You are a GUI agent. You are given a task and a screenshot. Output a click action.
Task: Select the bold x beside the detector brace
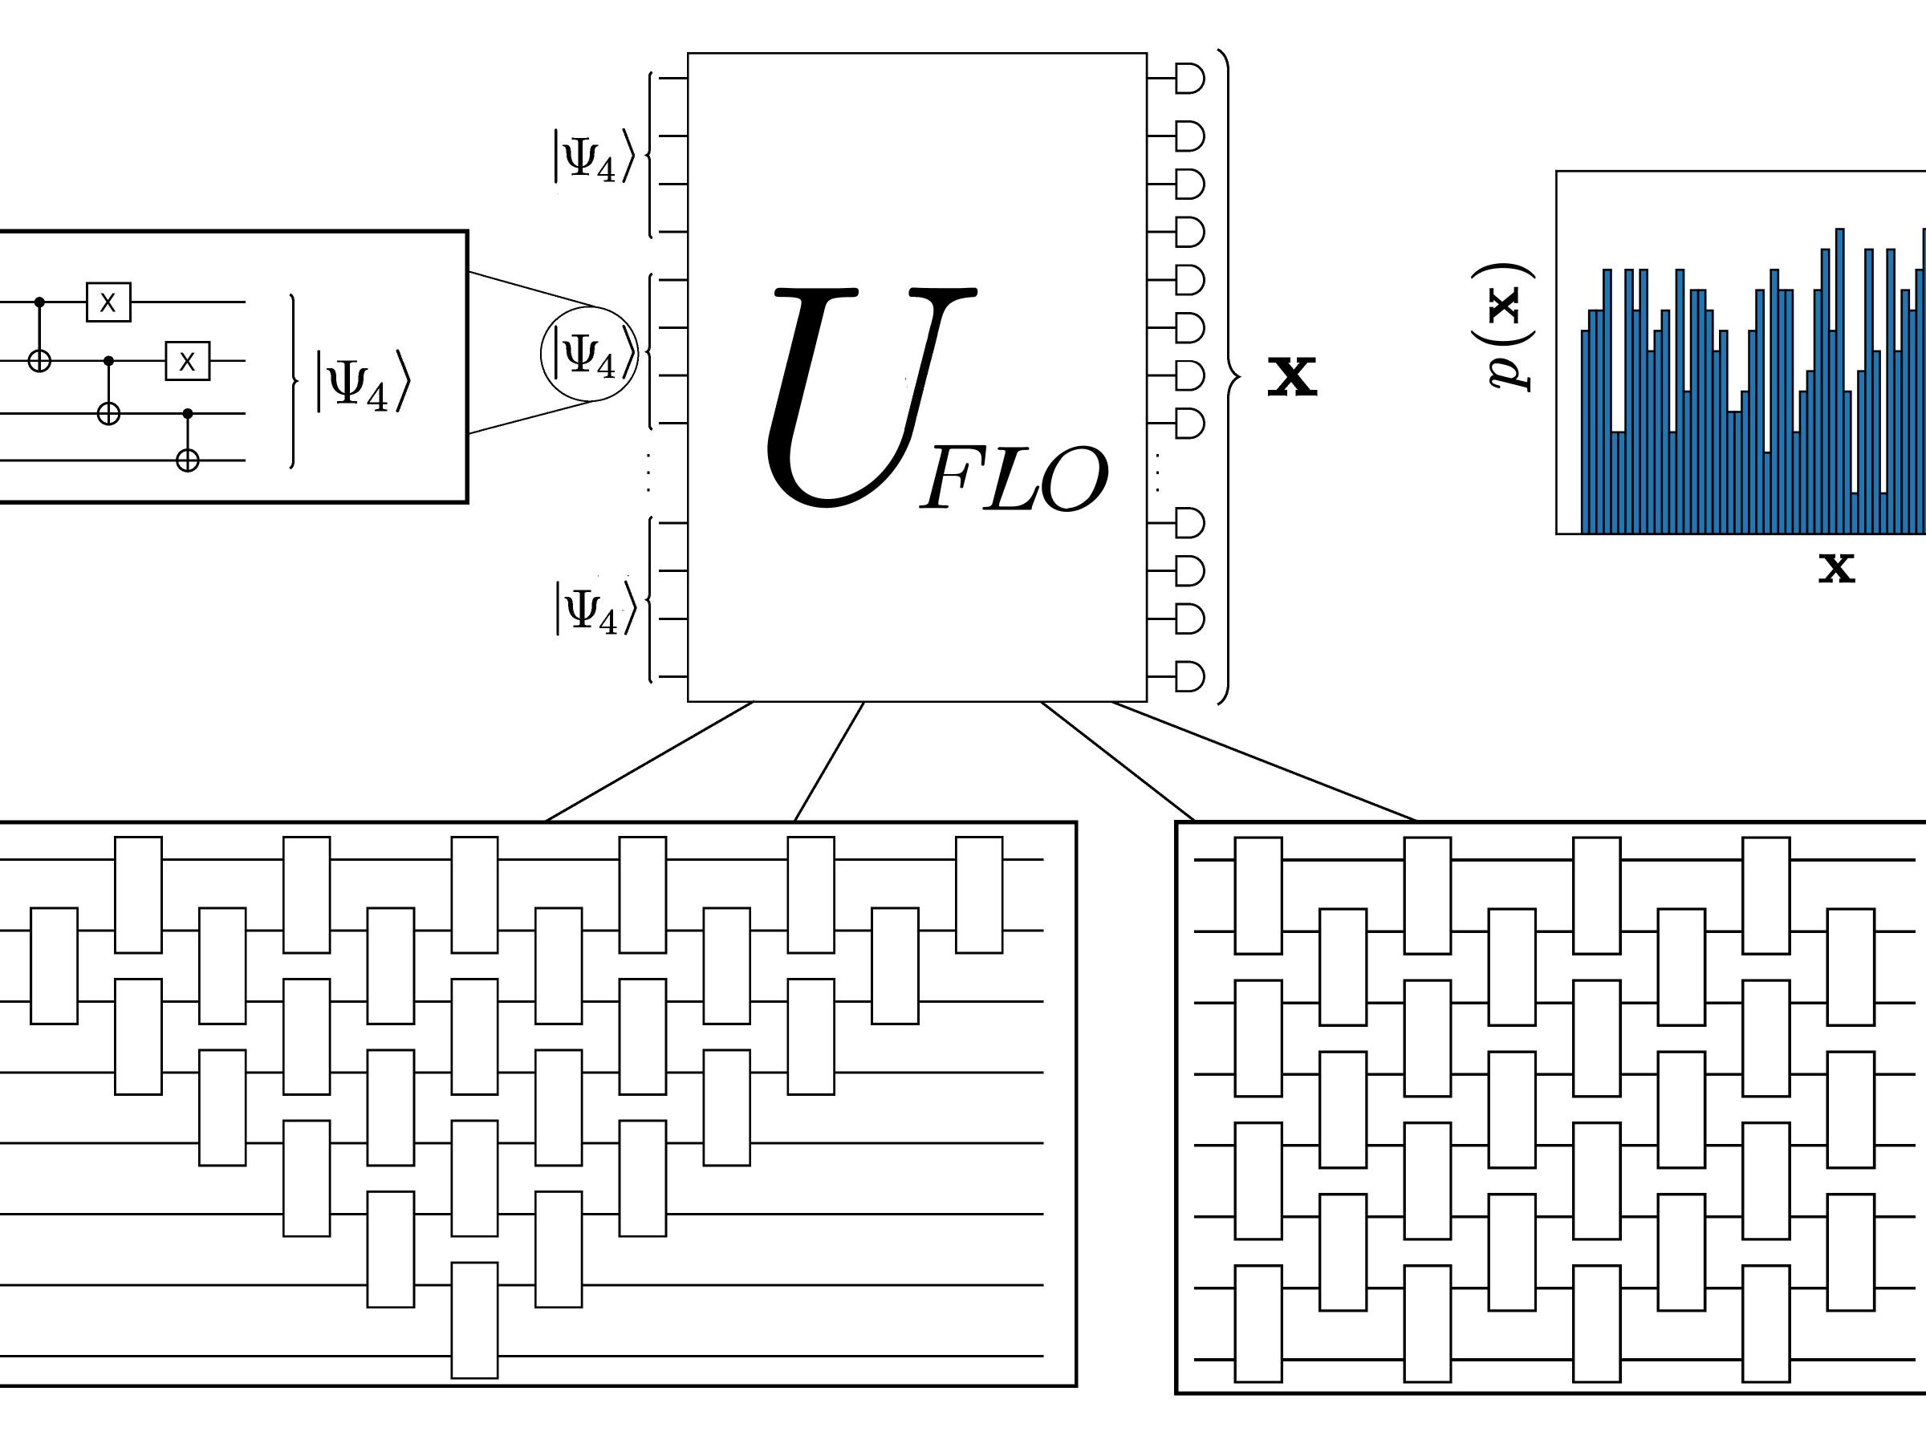(1291, 376)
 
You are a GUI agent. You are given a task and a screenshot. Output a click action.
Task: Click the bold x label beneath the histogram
(1836, 566)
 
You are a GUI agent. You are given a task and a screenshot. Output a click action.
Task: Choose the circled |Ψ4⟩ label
(590, 355)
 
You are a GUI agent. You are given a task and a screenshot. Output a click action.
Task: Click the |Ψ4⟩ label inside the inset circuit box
(361, 380)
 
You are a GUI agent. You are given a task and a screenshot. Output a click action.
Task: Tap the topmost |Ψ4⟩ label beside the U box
(595, 156)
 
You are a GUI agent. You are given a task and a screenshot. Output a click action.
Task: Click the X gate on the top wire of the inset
(108, 302)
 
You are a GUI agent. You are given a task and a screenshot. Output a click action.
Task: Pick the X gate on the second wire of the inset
(187, 360)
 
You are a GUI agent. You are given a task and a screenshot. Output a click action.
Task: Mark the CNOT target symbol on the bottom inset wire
(187, 460)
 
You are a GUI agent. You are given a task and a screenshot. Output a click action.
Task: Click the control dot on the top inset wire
(39, 302)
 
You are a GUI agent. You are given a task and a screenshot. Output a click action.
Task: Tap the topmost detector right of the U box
(1189, 79)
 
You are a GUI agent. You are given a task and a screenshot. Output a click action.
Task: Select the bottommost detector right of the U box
(1189, 676)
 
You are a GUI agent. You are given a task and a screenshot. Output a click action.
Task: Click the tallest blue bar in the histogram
(1840, 381)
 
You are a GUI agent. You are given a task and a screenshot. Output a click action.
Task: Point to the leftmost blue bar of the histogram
(1585, 432)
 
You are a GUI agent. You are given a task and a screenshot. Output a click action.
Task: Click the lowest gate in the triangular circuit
(474, 1320)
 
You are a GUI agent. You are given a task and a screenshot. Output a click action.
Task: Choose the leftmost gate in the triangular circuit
(54, 965)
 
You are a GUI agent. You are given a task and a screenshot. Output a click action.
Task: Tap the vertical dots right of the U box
(1157, 473)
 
